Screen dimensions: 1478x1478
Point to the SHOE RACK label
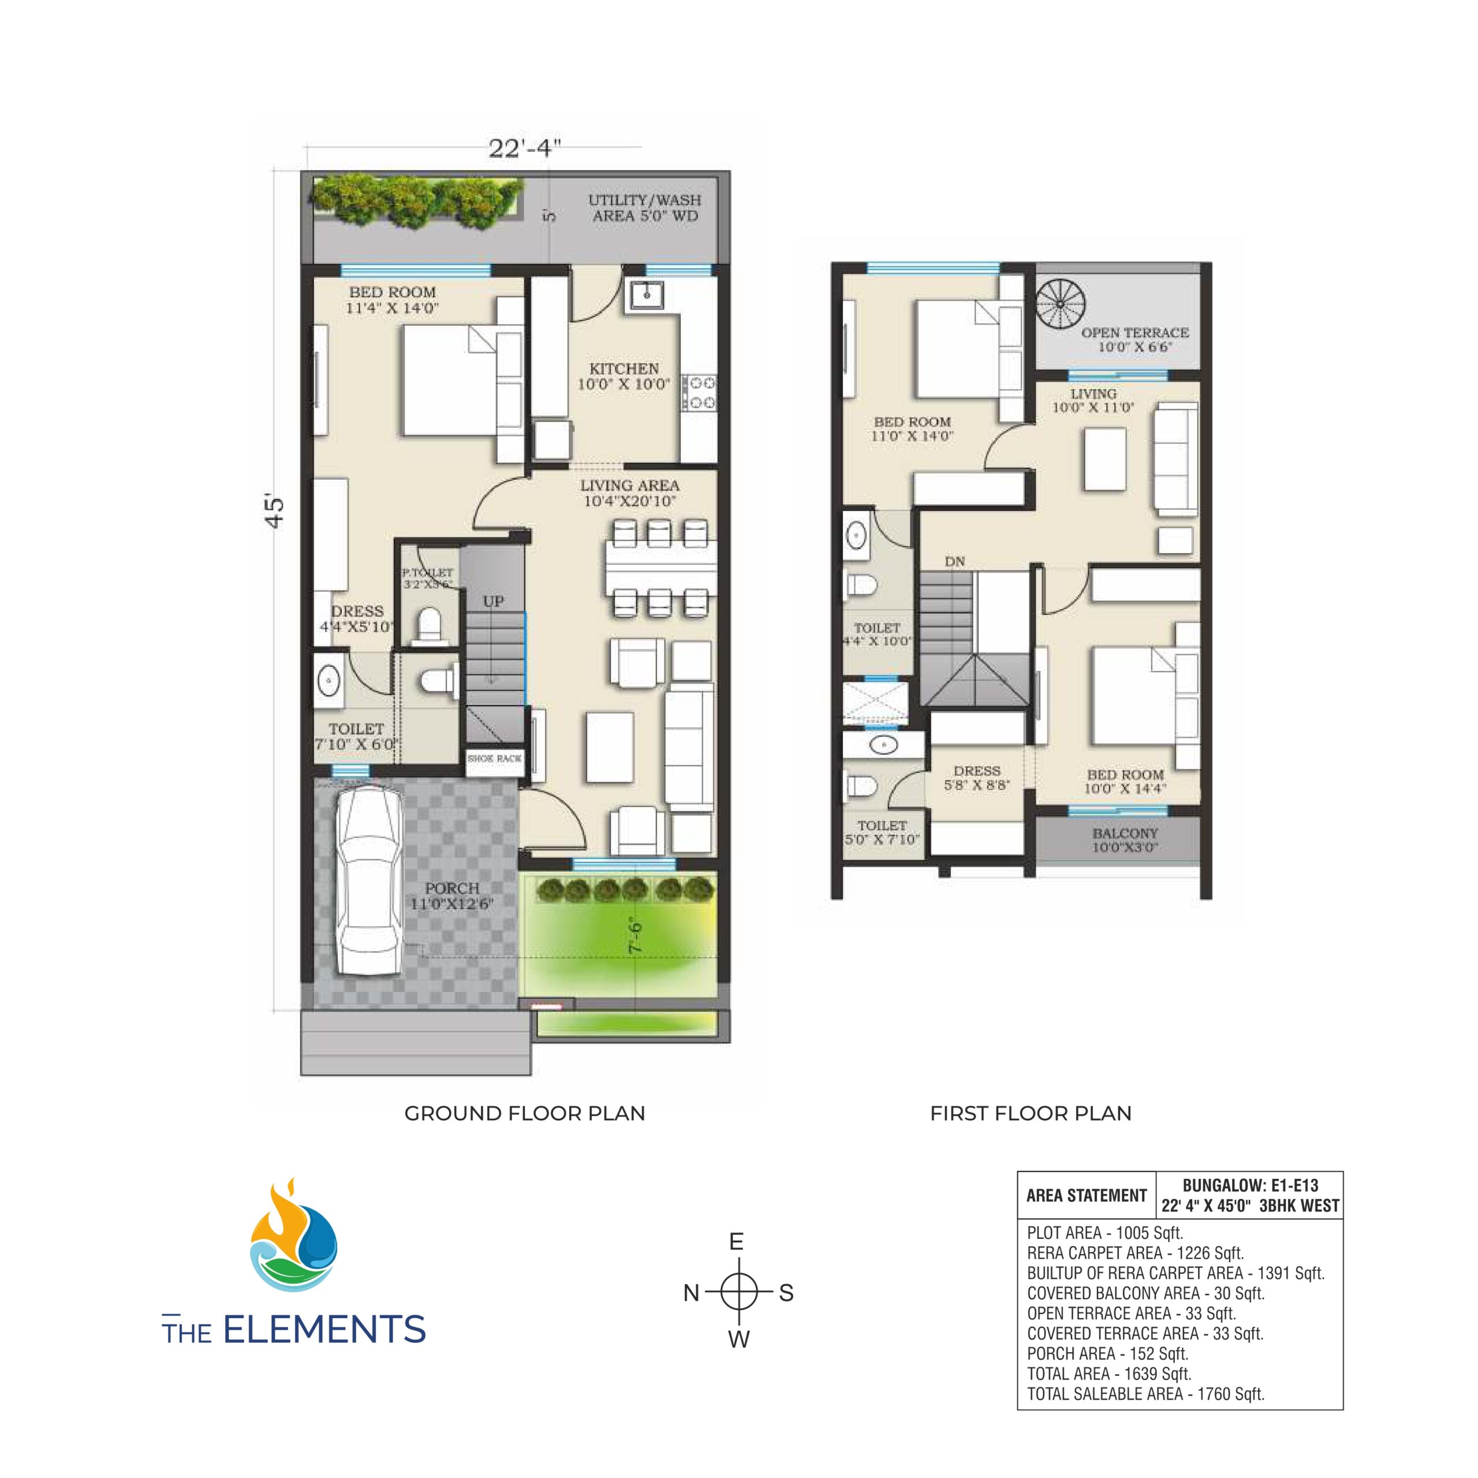coord(494,758)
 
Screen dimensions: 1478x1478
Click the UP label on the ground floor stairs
coord(494,601)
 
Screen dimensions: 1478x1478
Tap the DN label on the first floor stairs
coord(955,562)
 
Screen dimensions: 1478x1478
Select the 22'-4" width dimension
coord(525,148)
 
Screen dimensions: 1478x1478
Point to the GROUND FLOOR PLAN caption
coord(524,1113)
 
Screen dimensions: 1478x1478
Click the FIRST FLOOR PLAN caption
coord(1031,1113)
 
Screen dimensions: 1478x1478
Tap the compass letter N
coord(691,1293)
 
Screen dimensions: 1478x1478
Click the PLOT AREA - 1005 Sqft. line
coord(1104,1233)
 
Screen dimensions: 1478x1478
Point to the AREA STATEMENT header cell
coord(1087,1196)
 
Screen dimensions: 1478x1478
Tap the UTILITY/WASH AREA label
coord(644,208)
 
